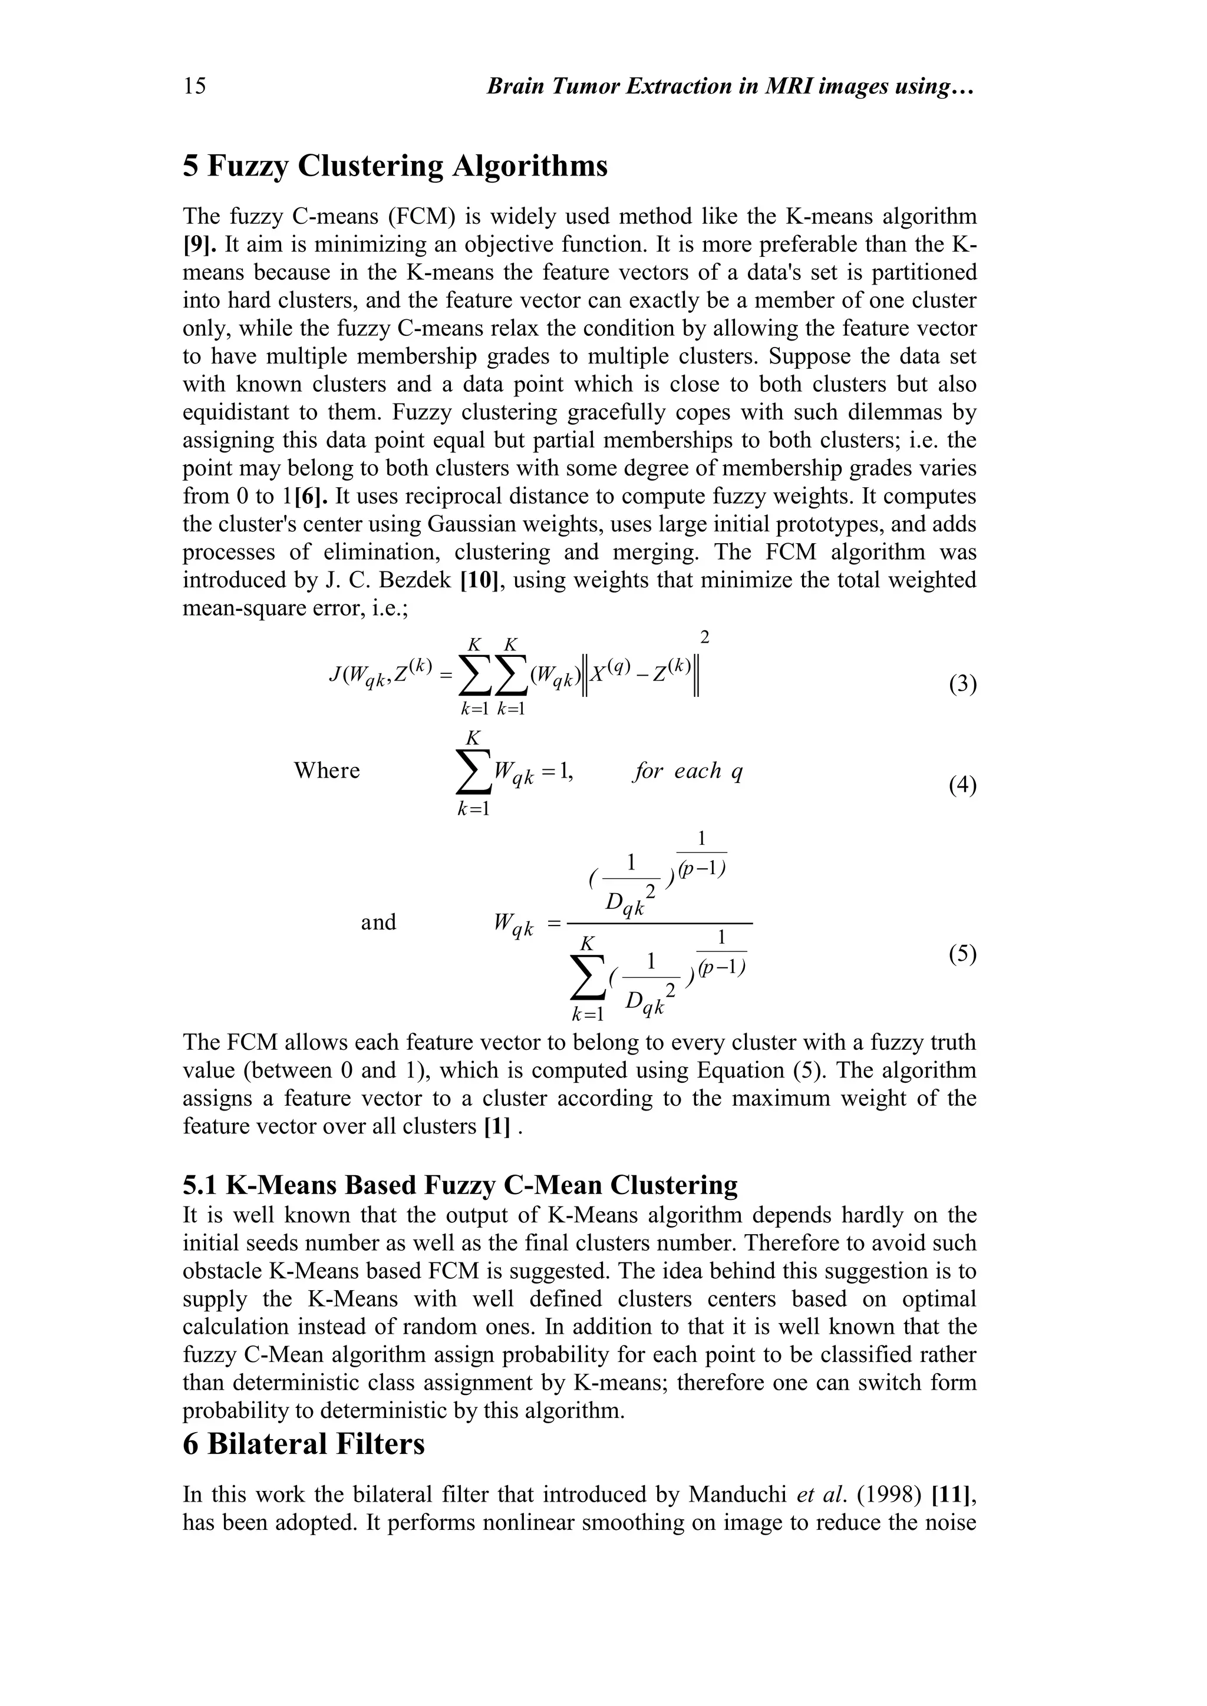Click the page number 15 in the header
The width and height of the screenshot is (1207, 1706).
tap(194, 87)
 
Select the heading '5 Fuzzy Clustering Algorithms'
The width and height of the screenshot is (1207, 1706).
tap(395, 166)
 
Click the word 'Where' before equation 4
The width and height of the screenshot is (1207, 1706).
tap(327, 771)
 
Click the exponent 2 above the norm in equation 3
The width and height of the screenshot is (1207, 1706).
tap(705, 637)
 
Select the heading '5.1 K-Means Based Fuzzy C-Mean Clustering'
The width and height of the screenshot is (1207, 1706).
tap(460, 1185)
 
